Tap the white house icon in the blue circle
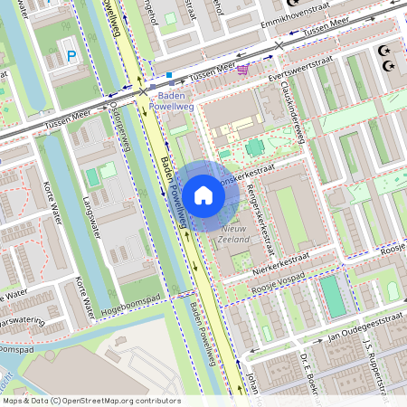pos(203,194)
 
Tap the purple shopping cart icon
pos(242,69)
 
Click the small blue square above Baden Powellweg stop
pos(168,75)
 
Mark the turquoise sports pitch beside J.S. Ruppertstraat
pos(333,297)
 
